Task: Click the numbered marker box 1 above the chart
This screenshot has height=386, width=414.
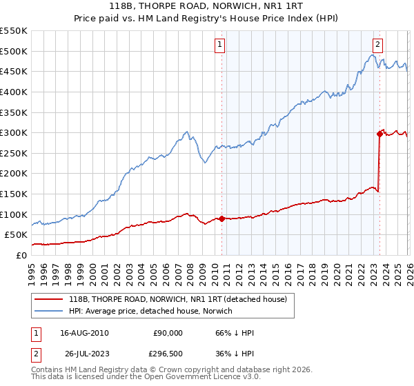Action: pyautogui.click(x=220, y=45)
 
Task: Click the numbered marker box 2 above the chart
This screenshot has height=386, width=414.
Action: pyautogui.click(x=378, y=45)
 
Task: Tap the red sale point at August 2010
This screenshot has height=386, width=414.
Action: pyautogui.click(x=221, y=219)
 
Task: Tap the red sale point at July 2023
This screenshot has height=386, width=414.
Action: pyautogui.click(x=379, y=134)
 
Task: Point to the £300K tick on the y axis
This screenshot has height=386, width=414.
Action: pyautogui.click(x=14, y=132)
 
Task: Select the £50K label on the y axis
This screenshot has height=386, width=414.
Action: pyautogui.click(x=17, y=234)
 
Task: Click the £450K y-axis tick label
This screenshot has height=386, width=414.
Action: pyautogui.click(x=14, y=71)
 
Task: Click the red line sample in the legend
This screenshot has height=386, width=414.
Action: pyautogui.click(x=49, y=299)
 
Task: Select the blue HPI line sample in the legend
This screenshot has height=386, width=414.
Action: pyautogui.click(x=49, y=311)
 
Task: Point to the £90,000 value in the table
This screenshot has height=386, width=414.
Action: pyautogui.click(x=167, y=332)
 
